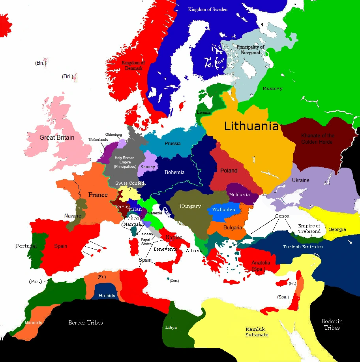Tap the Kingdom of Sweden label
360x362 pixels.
point(208,9)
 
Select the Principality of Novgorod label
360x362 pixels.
point(250,50)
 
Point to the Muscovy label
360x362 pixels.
point(273,88)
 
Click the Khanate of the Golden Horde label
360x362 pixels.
point(317,139)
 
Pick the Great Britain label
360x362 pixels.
point(57,138)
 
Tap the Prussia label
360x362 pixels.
point(172,143)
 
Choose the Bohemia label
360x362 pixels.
point(174,172)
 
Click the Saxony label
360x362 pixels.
point(148,167)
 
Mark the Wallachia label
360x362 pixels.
point(224,210)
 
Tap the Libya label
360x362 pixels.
point(171,328)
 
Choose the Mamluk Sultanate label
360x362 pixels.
point(257,332)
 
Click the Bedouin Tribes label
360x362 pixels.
point(332,324)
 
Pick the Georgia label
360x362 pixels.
point(337,229)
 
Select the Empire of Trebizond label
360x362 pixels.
point(309,229)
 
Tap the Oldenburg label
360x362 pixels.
point(113,135)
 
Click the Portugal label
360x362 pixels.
point(26,246)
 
